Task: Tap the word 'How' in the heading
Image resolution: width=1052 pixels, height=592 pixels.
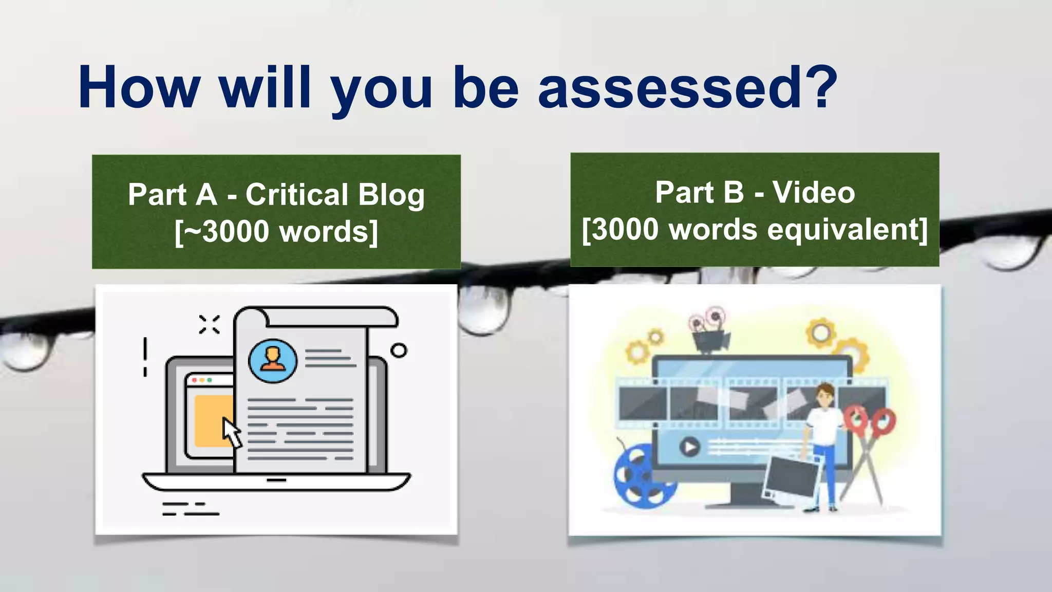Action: pyautogui.click(x=139, y=87)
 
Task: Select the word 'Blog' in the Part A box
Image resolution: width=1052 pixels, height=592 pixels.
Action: pyautogui.click(x=391, y=195)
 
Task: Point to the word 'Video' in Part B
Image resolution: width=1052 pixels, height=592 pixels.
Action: pyautogui.click(x=814, y=193)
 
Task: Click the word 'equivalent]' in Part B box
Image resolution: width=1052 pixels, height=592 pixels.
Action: pyautogui.click(x=848, y=229)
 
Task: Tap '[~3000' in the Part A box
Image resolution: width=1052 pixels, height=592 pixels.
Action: pyautogui.click(x=221, y=232)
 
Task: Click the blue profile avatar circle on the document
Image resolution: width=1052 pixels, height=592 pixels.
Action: pyautogui.click(x=273, y=360)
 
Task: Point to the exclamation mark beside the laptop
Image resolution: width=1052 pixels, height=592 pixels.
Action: pyautogui.click(x=145, y=357)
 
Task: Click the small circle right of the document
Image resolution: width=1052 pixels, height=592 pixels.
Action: pyautogui.click(x=399, y=350)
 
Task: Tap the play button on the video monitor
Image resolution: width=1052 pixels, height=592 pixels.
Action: pyautogui.click(x=690, y=447)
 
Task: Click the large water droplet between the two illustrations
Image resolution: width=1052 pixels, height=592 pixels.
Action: pyautogui.click(x=483, y=308)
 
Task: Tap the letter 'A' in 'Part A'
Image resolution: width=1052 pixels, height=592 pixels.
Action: pyautogui.click(x=206, y=195)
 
